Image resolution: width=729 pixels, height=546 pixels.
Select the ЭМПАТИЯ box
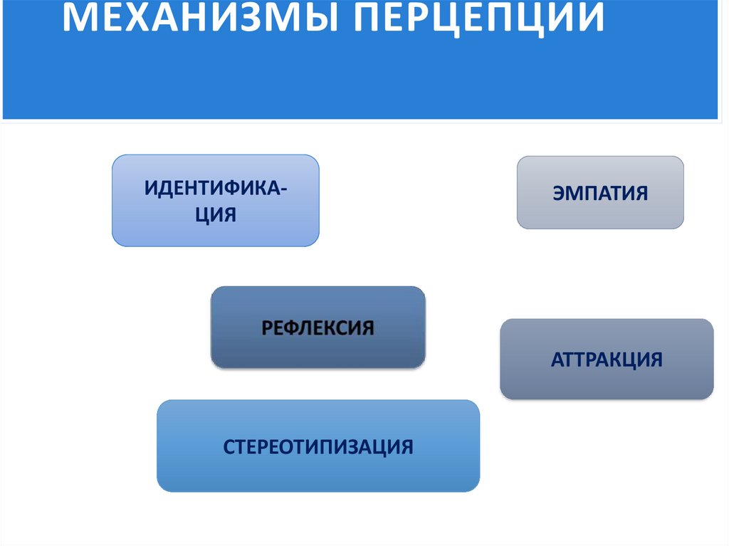click(600, 193)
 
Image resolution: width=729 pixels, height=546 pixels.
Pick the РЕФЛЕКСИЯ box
click(318, 327)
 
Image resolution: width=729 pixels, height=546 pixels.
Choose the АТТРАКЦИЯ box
click(607, 359)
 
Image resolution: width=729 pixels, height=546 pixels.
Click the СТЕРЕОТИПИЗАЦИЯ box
click(318, 446)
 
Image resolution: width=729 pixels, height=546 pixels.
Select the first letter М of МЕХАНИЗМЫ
click(78, 19)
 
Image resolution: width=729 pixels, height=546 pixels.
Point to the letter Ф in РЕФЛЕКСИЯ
click(291, 328)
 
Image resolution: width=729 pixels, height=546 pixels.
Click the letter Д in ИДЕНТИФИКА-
click(167, 189)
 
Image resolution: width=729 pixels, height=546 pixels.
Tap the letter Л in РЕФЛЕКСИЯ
click(308, 328)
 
